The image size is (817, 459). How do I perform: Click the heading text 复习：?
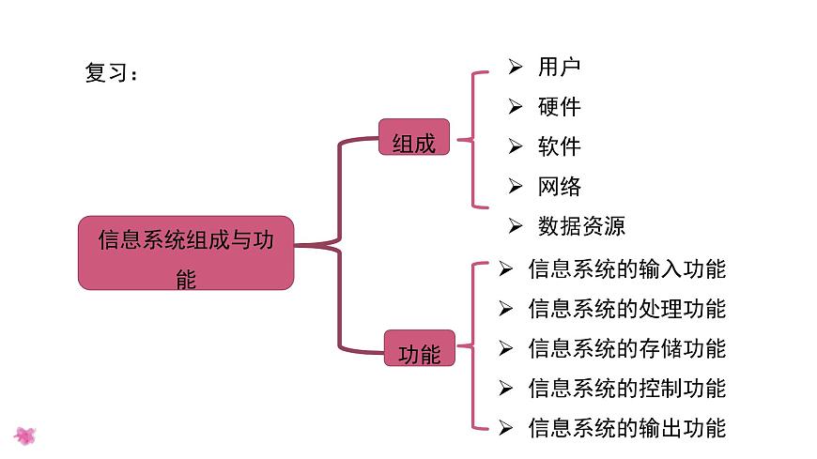111,73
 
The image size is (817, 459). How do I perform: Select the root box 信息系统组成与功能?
186,252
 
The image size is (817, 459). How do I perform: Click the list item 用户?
560,67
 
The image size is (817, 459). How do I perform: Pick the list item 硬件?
560,107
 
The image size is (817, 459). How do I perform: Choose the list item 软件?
560,146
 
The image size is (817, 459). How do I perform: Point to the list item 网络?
560,186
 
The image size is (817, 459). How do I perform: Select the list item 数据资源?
581,226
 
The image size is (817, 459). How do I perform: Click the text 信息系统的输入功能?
626,269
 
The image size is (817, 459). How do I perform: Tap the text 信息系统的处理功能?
626,309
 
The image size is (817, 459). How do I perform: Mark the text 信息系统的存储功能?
626,349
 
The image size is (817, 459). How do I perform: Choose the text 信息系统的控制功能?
626,389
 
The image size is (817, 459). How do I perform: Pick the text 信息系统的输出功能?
626,429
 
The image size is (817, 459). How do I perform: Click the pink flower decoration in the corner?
25,436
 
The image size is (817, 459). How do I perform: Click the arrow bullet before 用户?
515,67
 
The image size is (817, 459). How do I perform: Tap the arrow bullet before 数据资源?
515,226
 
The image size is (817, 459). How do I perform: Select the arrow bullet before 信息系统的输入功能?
505,269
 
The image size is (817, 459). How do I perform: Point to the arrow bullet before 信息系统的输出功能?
505,429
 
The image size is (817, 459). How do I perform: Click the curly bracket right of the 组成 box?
474,139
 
